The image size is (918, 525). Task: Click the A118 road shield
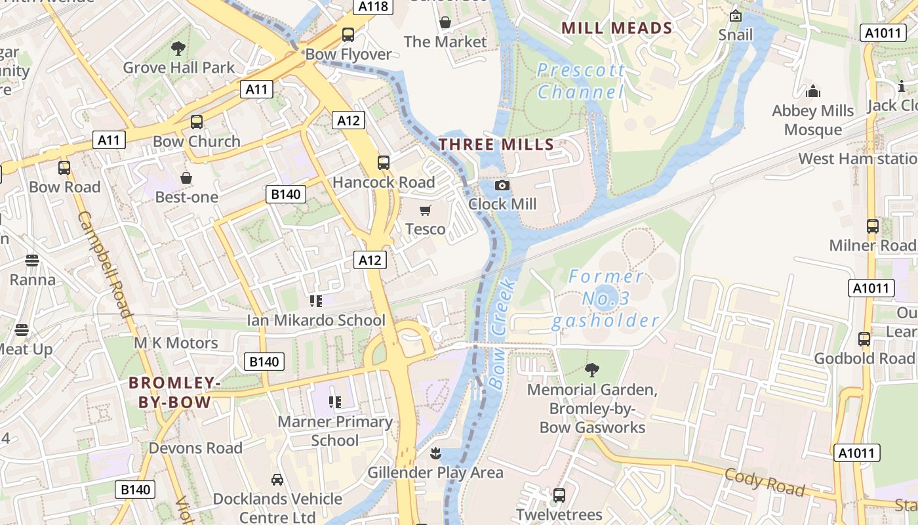[x=374, y=7]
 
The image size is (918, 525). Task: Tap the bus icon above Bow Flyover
[x=348, y=35]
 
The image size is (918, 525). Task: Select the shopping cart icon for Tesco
[x=426, y=211]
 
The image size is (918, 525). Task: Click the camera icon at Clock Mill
[x=502, y=186]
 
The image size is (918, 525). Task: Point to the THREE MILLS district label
[x=496, y=144]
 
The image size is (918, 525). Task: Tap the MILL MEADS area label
[x=617, y=28]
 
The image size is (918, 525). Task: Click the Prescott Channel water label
[x=581, y=81]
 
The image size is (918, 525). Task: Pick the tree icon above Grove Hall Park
[x=178, y=48]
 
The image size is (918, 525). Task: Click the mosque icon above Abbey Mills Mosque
[x=813, y=91]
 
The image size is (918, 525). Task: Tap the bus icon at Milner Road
[x=872, y=226]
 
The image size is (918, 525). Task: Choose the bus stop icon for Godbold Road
[x=864, y=339]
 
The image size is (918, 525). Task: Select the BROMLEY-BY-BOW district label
[x=170, y=392]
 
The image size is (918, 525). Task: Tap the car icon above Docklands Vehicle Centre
[x=277, y=480]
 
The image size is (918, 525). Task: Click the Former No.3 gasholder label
[x=605, y=299]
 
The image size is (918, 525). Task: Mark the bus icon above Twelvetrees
[x=559, y=495]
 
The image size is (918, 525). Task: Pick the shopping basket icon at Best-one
[x=186, y=178]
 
